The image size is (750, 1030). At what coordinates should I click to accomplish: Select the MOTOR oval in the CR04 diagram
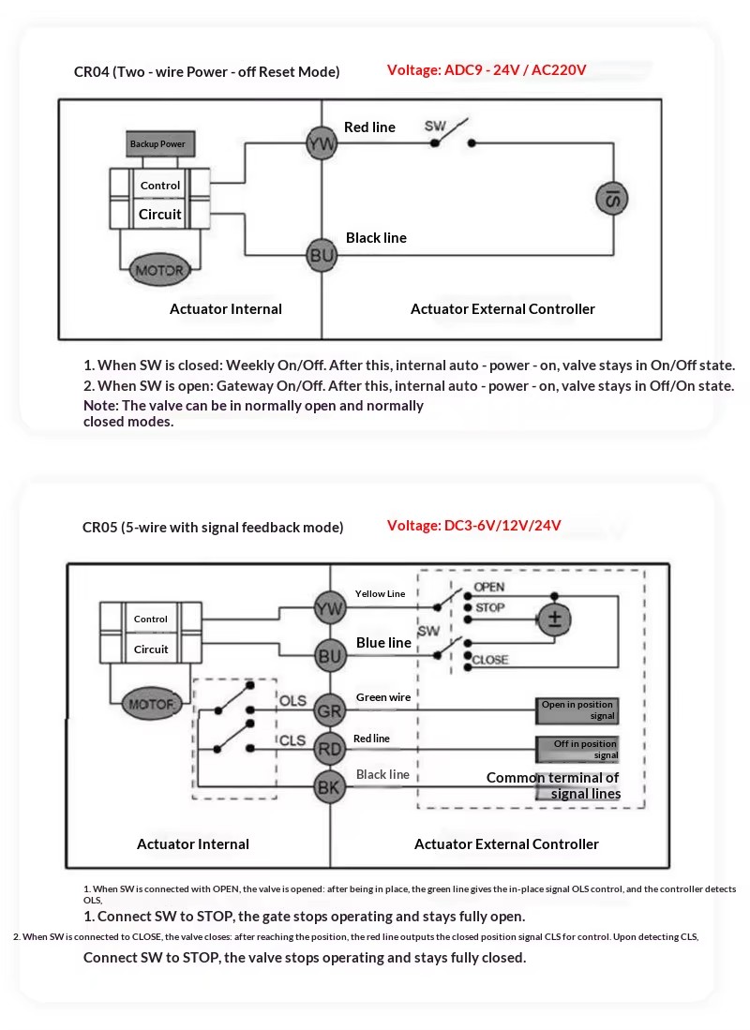point(159,270)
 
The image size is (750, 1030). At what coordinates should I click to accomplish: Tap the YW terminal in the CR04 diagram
point(322,143)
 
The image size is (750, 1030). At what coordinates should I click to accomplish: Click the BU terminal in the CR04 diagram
point(322,255)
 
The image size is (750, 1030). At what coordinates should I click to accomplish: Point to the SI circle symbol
point(612,199)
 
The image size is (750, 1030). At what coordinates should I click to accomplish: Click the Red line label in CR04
point(370,127)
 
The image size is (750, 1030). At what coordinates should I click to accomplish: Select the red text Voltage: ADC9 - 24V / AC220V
point(487,69)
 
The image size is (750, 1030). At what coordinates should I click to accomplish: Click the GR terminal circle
point(329,710)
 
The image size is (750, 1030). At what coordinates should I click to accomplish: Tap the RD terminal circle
point(329,749)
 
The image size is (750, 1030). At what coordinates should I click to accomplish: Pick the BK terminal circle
point(329,786)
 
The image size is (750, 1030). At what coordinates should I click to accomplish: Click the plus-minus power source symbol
point(554,619)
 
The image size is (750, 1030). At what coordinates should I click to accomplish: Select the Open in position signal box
point(577,710)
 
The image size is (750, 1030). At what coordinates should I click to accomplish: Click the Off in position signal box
point(577,749)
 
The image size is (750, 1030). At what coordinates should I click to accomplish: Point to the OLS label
point(293,701)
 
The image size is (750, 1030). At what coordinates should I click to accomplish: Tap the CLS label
point(292,740)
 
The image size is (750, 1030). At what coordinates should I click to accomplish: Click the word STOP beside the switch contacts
point(489,607)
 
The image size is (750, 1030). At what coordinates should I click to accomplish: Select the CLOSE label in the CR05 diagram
point(490,660)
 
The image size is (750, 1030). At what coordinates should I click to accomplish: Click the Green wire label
point(383,697)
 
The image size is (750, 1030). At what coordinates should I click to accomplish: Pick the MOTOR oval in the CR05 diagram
point(151,704)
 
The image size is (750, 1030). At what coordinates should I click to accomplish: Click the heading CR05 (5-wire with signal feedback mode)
point(213,527)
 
